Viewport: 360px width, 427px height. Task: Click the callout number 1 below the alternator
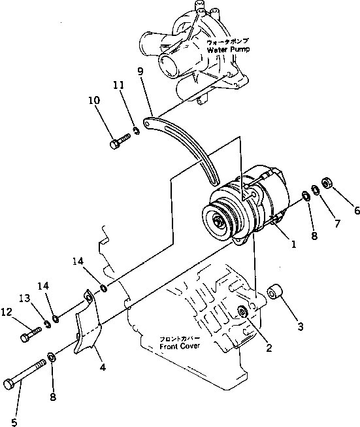[x=293, y=245]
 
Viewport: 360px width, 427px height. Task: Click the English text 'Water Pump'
[x=225, y=49]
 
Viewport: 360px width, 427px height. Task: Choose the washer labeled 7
[x=316, y=190]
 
